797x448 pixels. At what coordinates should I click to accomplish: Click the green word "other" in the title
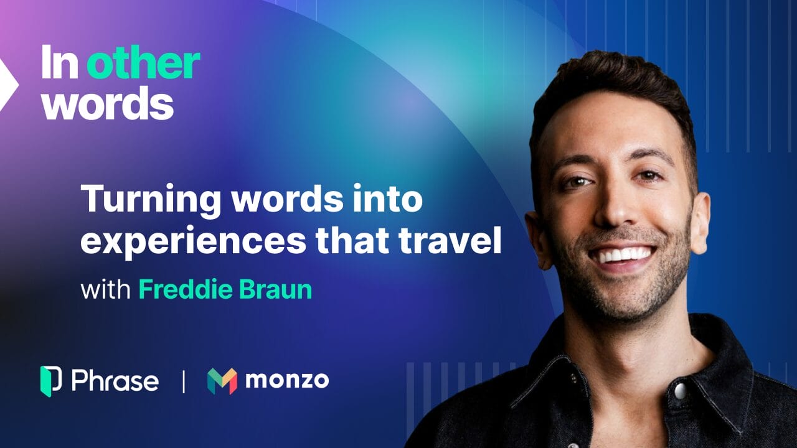point(143,64)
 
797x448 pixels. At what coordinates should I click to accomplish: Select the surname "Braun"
point(276,290)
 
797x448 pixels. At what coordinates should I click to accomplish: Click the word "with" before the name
point(105,290)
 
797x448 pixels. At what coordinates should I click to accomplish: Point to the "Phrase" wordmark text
point(115,381)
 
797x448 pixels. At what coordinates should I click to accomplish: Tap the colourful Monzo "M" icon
point(222,381)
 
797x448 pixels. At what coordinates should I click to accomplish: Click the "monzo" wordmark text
point(287,380)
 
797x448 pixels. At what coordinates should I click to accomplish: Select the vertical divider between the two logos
point(183,381)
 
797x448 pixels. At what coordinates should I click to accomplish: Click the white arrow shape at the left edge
point(8,84)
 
